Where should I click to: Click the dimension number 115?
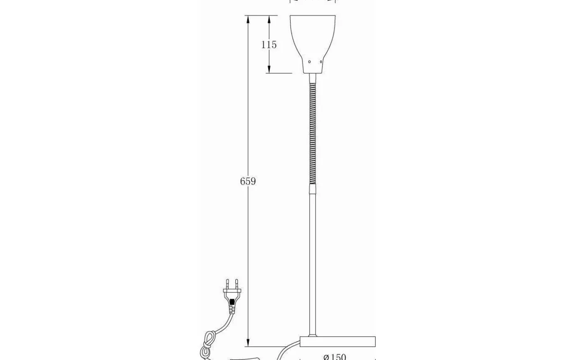(269, 44)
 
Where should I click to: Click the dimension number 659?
(248, 181)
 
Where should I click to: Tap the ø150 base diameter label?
(334, 356)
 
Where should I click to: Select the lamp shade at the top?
(313, 37)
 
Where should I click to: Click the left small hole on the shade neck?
(309, 62)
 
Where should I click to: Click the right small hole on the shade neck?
(321, 62)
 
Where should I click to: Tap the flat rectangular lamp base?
(337, 341)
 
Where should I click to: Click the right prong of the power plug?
(237, 283)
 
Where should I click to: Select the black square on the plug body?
(232, 302)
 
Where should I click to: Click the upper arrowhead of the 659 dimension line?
(248, 19)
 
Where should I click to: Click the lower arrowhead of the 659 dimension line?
(248, 343)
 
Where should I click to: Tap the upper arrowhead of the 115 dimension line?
(269, 19)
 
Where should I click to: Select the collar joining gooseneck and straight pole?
(313, 189)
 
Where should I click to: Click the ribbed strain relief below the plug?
(232, 309)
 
